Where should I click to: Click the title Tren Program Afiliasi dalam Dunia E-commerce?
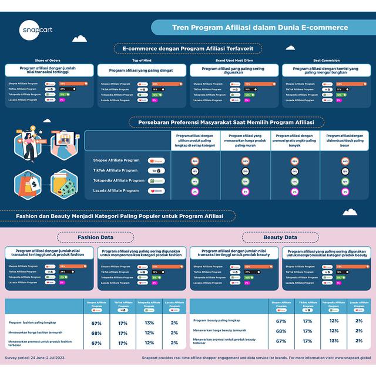(x=260, y=27)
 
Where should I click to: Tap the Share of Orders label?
(x=48, y=60)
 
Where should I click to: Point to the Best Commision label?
(x=325, y=60)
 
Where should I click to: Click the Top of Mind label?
(x=142, y=60)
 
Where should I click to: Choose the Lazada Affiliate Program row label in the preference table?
(x=116, y=190)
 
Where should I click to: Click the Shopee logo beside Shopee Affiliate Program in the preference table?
(x=157, y=160)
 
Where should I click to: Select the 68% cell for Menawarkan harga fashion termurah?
(x=97, y=333)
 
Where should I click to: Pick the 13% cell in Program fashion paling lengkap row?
(x=149, y=323)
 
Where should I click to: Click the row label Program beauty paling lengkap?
(x=217, y=320)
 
